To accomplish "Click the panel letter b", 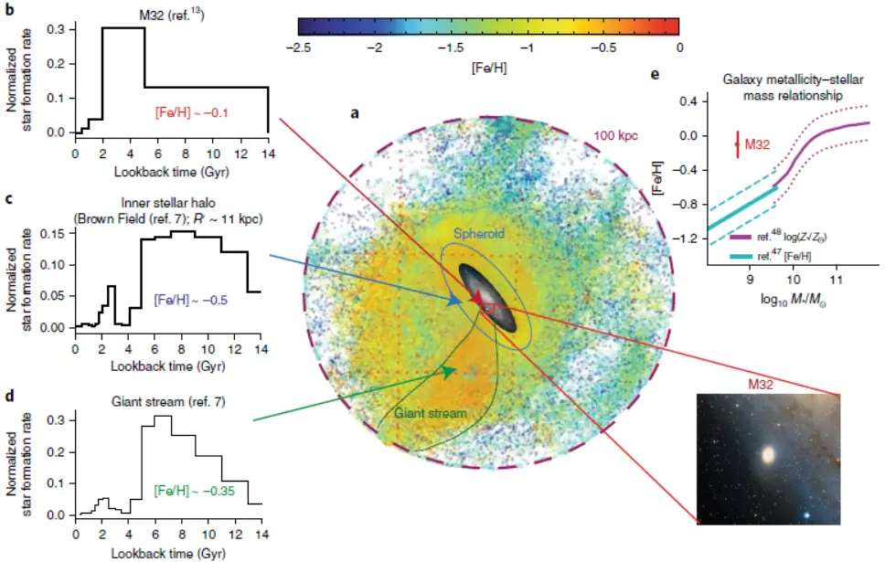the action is coord(9,9).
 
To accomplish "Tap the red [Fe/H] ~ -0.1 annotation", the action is coord(191,112).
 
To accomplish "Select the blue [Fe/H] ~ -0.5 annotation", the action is coord(191,300).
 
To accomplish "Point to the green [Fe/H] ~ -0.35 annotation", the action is coord(194,491).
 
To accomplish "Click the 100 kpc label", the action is coord(615,136).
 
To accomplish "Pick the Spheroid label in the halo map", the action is coord(479,234).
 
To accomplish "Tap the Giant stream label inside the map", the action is coord(430,413).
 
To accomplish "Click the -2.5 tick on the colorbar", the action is coord(298,48).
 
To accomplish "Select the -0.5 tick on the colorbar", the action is coord(602,48).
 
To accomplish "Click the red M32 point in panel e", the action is coord(737,144).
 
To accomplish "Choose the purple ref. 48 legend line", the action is coord(740,238).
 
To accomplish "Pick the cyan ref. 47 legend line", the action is coord(740,257).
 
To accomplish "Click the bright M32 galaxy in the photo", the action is coord(768,455).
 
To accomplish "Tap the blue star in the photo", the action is coord(807,514).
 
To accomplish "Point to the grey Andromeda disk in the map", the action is coord(487,297).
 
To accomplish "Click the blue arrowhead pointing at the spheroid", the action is coord(454,301).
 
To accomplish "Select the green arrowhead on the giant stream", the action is coord(450,372).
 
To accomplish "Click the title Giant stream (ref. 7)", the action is coord(168,402).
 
